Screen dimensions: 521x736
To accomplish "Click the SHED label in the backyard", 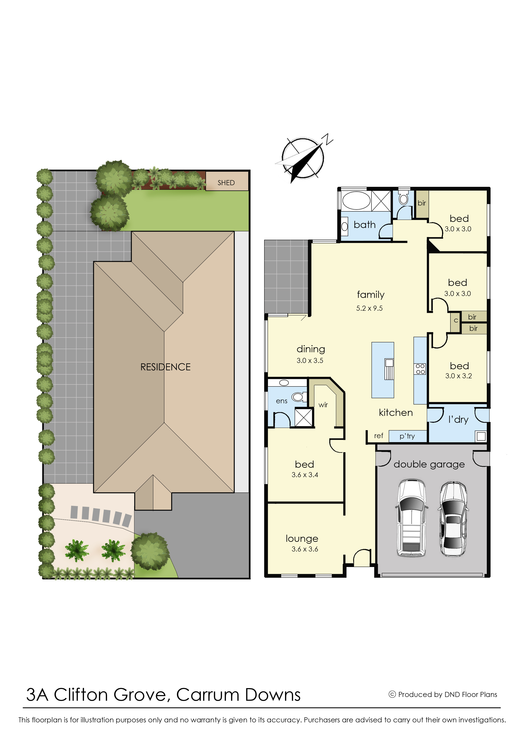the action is tap(226, 183).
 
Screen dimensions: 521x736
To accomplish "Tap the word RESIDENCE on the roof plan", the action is tap(165, 367).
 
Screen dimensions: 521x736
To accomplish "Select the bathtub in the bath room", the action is tap(356, 201).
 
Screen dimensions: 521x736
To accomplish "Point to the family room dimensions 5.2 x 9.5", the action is tap(369, 308).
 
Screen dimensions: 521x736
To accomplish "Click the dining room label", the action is tap(311, 349).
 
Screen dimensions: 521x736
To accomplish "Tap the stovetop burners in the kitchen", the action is tap(420, 369).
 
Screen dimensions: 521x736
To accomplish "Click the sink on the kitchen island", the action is tap(389, 369).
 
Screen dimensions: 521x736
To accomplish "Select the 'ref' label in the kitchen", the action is tap(379, 436).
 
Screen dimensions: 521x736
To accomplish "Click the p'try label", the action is tap(407, 436).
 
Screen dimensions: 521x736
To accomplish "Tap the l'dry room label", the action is tap(458, 419).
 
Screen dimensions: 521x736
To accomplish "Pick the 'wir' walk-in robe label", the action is tap(323, 405).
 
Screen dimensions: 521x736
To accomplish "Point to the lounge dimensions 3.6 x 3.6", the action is tap(305, 549).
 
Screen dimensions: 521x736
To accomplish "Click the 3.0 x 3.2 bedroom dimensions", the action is tap(458, 376).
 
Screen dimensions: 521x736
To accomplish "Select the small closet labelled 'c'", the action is tap(455, 322).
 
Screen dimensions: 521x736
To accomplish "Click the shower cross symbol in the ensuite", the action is tap(303, 417).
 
